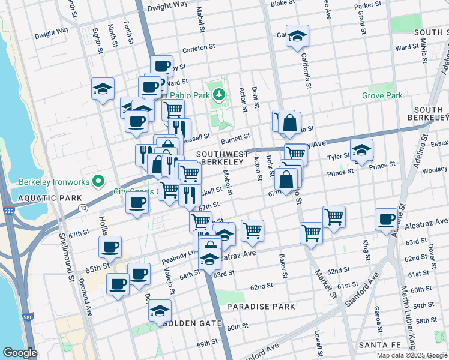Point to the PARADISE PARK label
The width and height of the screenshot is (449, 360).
click(x=261, y=307)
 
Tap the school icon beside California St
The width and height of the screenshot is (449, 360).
click(x=297, y=36)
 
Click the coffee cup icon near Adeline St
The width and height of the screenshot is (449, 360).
click(x=386, y=219)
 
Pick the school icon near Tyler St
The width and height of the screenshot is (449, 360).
click(x=361, y=150)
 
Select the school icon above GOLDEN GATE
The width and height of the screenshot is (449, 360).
click(x=160, y=310)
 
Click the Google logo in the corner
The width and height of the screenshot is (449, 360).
click(x=20, y=353)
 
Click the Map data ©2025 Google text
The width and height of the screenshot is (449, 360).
click(x=412, y=355)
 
